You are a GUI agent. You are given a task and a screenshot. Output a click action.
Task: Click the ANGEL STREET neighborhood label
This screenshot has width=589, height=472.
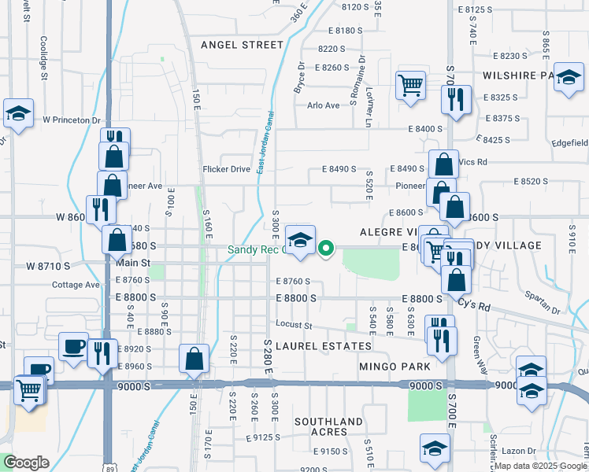click(x=241, y=45)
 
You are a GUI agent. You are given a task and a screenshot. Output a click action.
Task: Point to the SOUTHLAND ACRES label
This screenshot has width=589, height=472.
click(x=332, y=426)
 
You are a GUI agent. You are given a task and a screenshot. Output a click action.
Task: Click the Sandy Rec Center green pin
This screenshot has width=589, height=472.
click(x=326, y=249)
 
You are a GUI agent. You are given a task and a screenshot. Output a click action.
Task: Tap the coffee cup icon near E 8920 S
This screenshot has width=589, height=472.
click(x=74, y=346)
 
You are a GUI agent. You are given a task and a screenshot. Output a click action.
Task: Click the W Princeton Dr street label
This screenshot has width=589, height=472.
click(x=72, y=120)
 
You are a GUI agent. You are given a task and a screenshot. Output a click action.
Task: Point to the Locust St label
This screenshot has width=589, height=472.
click(x=294, y=325)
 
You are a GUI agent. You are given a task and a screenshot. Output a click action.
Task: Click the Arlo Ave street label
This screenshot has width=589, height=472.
click(x=323, y=105)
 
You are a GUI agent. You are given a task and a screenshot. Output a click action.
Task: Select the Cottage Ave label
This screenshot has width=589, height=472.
click(x=76, y=285)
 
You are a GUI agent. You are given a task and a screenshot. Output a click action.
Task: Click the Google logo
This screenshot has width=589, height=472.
click(x=26, y=463)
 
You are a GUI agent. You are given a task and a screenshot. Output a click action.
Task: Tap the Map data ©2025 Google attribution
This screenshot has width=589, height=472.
click(x=540, y=466)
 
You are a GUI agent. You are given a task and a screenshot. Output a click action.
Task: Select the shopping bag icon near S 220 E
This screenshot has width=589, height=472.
click(x=194, y=359)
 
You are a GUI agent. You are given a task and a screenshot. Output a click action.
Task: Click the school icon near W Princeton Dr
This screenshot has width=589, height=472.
click(x=18, y=113)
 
